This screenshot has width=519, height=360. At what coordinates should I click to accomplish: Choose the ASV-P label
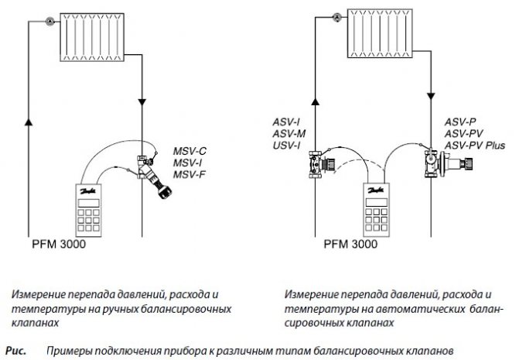pyautogui.click(x=461, y=122)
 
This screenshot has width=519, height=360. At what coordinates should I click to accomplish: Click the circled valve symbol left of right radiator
pyautogui.click(x=336, y=15)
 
